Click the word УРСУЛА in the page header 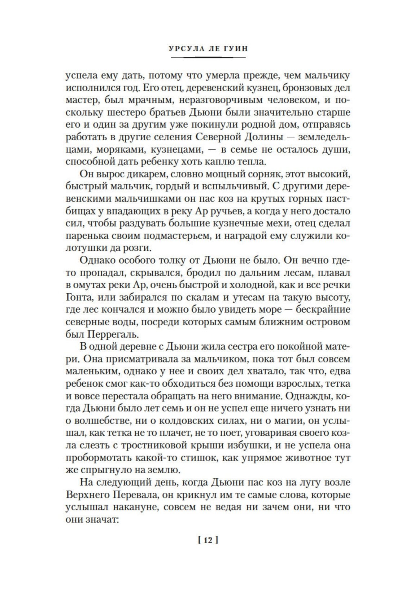tap(184, 48)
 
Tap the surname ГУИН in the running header tap(234, 48)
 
